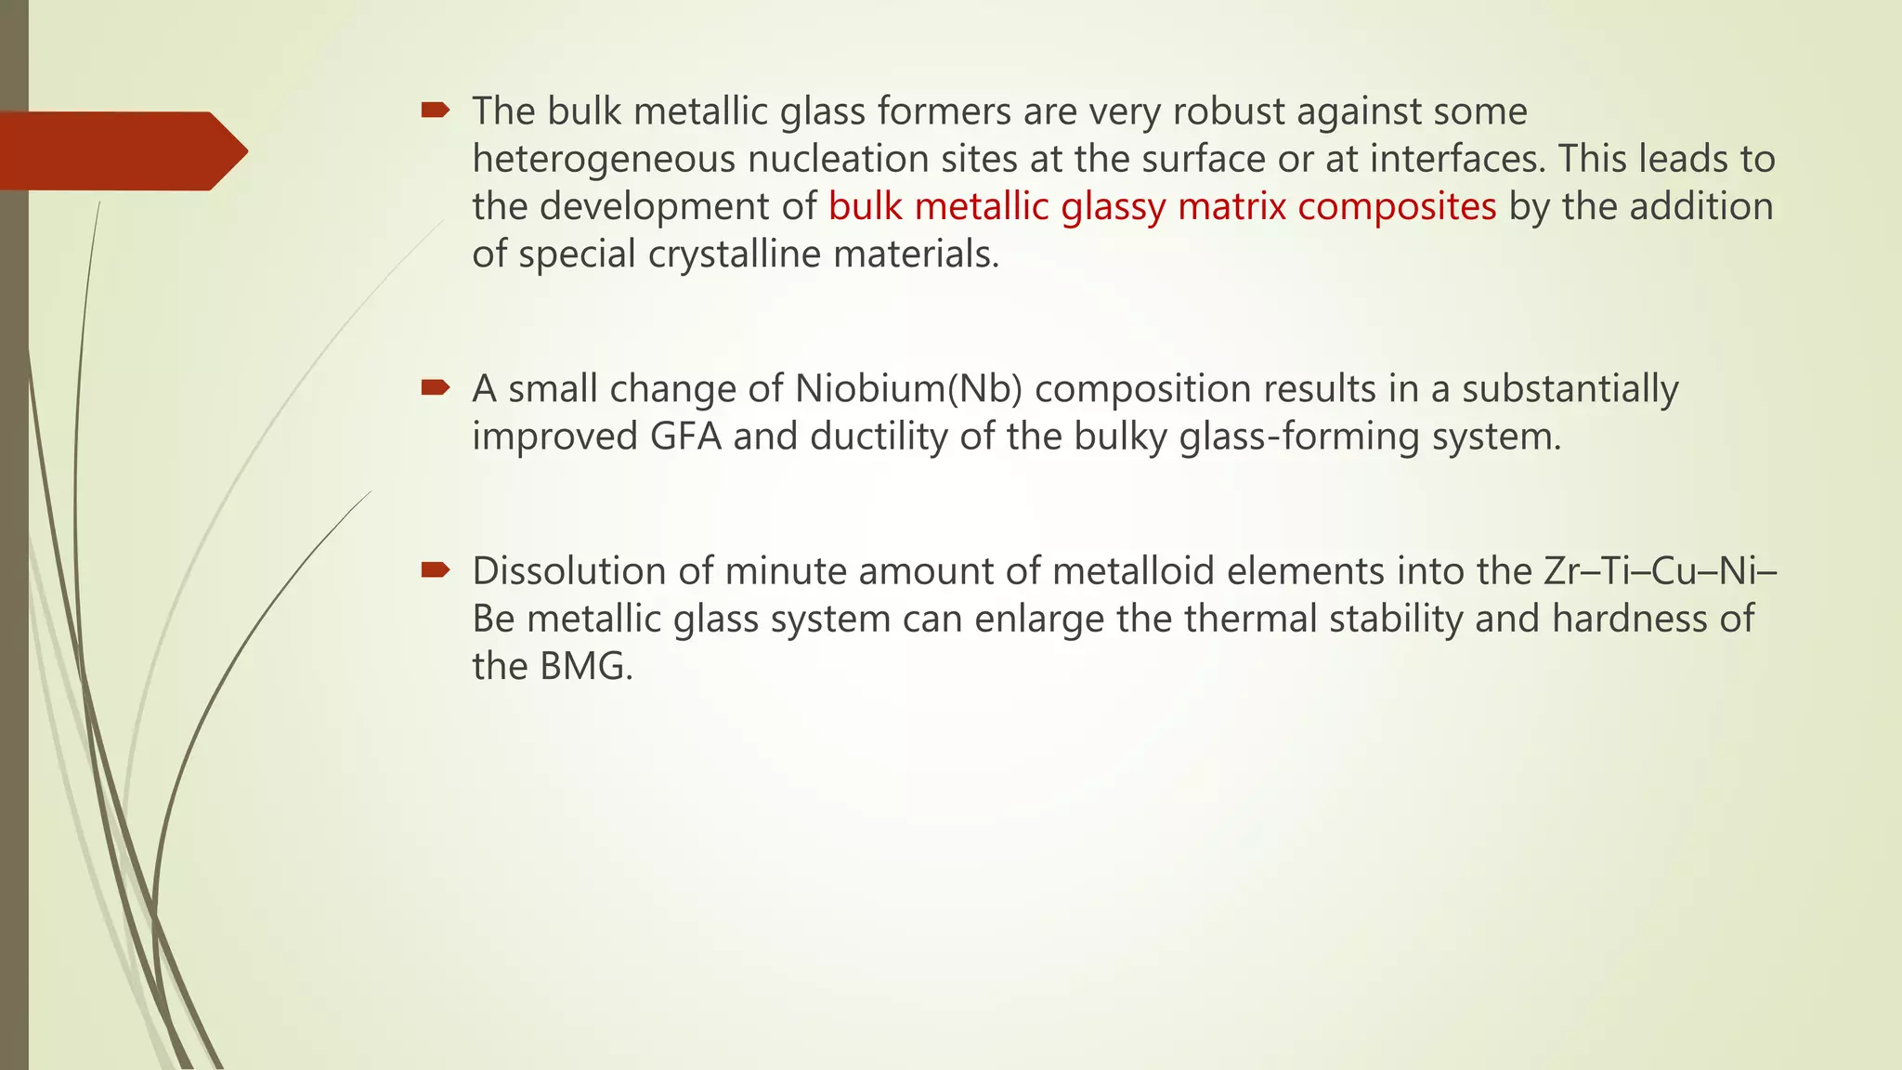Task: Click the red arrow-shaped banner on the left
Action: point(121,150)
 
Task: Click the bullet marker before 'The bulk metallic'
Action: point(435,111)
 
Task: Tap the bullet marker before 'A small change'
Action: point(435,387)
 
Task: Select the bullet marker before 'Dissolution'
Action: point(435,569)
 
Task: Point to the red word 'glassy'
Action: point(1114,206)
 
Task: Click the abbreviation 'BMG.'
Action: point(586,666)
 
